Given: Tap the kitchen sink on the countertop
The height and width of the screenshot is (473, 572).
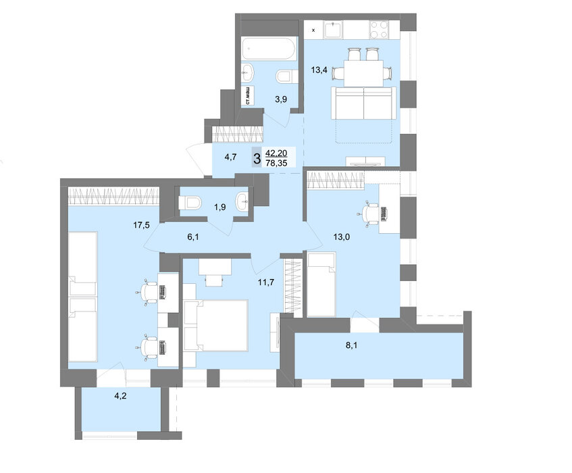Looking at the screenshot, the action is pos(333,29).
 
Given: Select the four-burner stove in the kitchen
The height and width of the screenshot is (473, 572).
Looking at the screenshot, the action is pos(379,30).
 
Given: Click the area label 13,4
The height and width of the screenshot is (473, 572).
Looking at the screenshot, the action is pos(319,70).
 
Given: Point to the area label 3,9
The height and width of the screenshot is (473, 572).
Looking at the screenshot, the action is pos(281,99).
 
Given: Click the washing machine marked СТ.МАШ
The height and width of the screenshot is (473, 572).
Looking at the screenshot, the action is pos(248,96).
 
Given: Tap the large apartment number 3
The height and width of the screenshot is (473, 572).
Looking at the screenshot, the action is pos(257,159).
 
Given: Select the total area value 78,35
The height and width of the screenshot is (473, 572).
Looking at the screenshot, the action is pos(276,163).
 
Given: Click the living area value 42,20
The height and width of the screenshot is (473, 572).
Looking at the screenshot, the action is pos(276,153).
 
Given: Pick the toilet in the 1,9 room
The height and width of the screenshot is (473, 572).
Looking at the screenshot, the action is pos(190,203).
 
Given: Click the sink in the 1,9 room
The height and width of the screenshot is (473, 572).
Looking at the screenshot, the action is pos(242,202).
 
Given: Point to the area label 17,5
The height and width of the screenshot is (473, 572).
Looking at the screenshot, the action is pos(141,225).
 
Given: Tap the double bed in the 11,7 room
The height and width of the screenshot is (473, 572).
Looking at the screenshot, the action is pos(216,326).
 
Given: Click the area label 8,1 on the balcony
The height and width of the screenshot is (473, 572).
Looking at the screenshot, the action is pos(351,345).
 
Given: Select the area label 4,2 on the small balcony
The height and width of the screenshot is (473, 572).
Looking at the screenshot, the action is pos(120,395).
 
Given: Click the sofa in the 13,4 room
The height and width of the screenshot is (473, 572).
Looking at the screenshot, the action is pos(364,103).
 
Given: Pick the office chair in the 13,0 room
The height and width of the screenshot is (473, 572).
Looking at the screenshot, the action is pos(369,214).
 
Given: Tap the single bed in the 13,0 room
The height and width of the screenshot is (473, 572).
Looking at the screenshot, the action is pos(321,284).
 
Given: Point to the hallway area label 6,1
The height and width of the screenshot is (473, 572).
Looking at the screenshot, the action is pos(193,237).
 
